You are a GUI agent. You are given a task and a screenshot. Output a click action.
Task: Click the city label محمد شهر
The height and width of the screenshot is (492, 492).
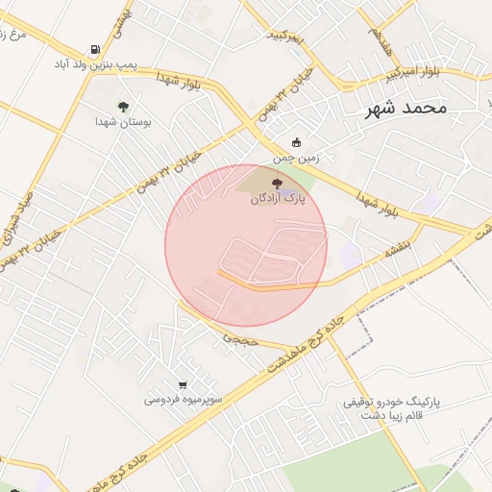(x=406, y=108)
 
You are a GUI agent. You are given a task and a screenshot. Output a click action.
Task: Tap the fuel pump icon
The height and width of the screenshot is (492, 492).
(x=94, y=50)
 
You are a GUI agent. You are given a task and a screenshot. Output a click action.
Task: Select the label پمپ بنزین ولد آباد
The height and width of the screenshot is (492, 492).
(x=93, y=65)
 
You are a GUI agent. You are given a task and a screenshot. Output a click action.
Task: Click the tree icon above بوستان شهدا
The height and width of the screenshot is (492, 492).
(x=123, y=107)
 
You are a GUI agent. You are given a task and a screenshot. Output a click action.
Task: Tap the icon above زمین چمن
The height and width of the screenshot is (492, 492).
(x=296, y=142)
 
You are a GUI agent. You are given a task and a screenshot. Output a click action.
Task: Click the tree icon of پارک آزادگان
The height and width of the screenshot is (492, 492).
(x=278, y=183)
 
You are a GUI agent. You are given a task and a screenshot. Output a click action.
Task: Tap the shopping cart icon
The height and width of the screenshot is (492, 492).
(x=184, y=383)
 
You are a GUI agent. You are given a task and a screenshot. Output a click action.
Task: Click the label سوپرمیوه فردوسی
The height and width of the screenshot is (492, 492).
(x=184, y=398)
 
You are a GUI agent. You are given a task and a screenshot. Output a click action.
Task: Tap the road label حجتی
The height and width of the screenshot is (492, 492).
(x=241, y=339)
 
